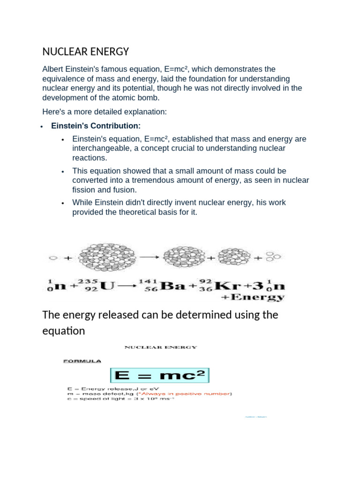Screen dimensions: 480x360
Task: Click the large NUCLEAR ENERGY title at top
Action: click(x=85, y=51)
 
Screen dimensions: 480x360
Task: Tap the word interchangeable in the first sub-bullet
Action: click(x=99, y=148)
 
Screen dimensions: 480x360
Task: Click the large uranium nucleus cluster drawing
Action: click(x=107, y=257)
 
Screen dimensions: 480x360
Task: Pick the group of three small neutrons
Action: click(x=273, y=256)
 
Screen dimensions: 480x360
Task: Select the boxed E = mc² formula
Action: click(x=160, y=375)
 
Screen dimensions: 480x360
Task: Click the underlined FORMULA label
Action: click(x=82, y=361)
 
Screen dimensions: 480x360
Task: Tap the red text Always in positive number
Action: click(x=195, y=394)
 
